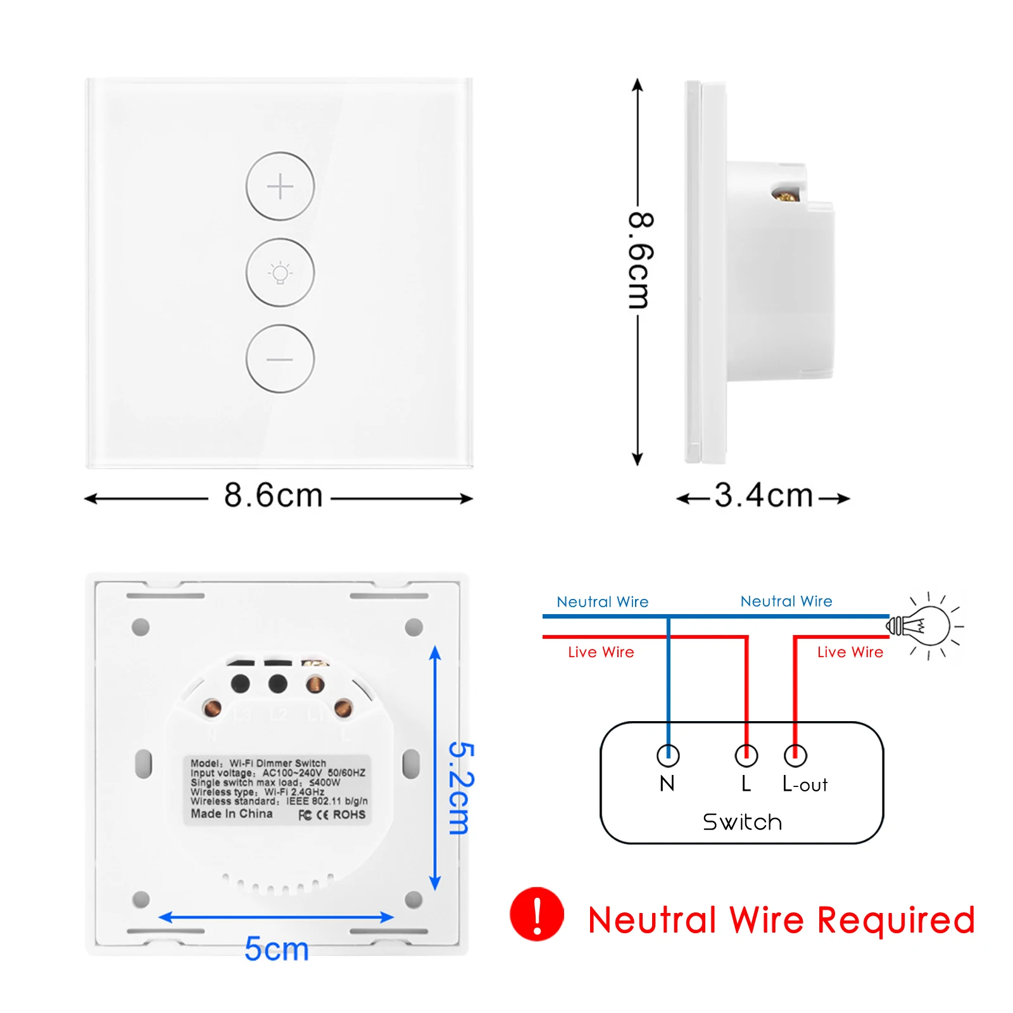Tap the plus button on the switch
[280, 187]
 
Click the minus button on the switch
[280, 359]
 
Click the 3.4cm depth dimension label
[764, 496]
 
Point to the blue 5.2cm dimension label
[461, 788]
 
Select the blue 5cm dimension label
[277, 949]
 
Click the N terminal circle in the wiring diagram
[668, 755]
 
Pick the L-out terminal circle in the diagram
[795, 755]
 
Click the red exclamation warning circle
[537, 914]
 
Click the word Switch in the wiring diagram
[742, 822]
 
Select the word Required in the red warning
[896, 921]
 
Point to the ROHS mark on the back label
[349, 815]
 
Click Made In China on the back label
[232, 814]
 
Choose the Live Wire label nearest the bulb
[850, 652]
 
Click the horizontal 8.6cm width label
[274, 496]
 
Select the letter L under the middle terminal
[746, 784]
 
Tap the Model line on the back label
[258, 763]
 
